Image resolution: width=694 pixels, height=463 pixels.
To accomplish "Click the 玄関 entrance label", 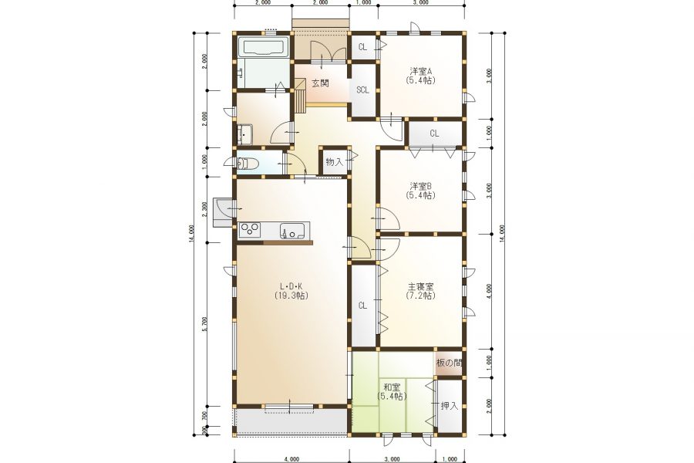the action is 320,83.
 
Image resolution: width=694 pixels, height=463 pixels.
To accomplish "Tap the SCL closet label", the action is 362,90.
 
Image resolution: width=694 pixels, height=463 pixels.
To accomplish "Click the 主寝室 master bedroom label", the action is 420,286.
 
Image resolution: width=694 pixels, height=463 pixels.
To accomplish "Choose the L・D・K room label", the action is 291,286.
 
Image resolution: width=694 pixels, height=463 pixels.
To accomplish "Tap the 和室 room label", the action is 392,387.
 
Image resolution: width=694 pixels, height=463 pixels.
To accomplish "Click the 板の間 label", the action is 449,363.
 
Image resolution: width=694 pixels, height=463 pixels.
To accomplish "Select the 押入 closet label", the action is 450,405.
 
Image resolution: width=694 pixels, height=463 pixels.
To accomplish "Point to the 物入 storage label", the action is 334,162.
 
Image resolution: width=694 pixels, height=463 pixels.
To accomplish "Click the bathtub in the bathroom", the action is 264,47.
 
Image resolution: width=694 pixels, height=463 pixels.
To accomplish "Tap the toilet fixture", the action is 247,164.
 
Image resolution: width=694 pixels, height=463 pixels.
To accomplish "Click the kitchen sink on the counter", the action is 292,231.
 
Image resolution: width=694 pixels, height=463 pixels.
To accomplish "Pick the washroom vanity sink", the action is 244,134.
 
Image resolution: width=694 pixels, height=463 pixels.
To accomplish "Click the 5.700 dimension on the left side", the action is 204,324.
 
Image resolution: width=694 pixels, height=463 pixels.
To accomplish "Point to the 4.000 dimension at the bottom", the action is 291,459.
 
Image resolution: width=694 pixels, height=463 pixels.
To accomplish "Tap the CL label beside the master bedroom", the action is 362,306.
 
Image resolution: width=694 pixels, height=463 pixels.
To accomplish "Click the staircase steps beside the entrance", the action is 301,95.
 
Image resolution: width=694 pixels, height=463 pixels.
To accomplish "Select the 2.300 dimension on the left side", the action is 204,209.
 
